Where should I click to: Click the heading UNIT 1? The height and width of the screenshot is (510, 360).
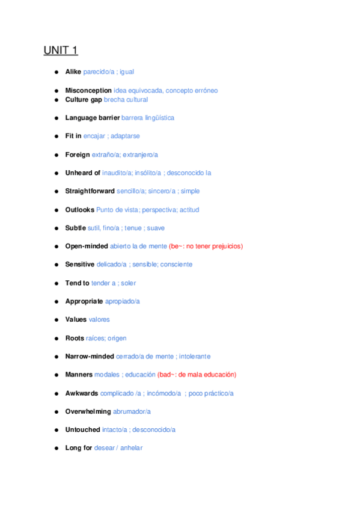point(61,50)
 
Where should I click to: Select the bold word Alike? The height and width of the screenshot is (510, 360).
point(73,72)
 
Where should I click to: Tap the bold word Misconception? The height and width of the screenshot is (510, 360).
point(88,91)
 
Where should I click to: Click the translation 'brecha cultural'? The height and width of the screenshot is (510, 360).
point(126,100)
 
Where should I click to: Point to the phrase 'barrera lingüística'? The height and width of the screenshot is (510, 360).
point(148,118)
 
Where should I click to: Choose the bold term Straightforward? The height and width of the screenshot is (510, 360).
point(90,191)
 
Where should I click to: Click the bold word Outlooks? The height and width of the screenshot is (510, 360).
point(80,210)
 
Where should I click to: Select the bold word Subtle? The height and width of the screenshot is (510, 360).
point(76,228)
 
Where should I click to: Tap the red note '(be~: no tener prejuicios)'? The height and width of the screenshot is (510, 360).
point(206,247)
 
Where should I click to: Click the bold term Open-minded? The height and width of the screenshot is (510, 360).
point(87,247)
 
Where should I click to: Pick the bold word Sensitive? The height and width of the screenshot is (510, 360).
point(80,265)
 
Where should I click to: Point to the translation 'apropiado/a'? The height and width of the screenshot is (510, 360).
point(122,301)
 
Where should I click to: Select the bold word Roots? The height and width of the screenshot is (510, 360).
point(75,338)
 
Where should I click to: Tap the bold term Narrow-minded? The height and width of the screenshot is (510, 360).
point(90,357)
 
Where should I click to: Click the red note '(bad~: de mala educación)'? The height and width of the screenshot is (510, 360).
point(197,375)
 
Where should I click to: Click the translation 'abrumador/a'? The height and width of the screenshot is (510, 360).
point(132,411)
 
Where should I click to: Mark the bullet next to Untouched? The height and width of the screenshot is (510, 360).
point(56,430)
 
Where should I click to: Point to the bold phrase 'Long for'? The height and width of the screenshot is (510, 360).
point(79,448)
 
